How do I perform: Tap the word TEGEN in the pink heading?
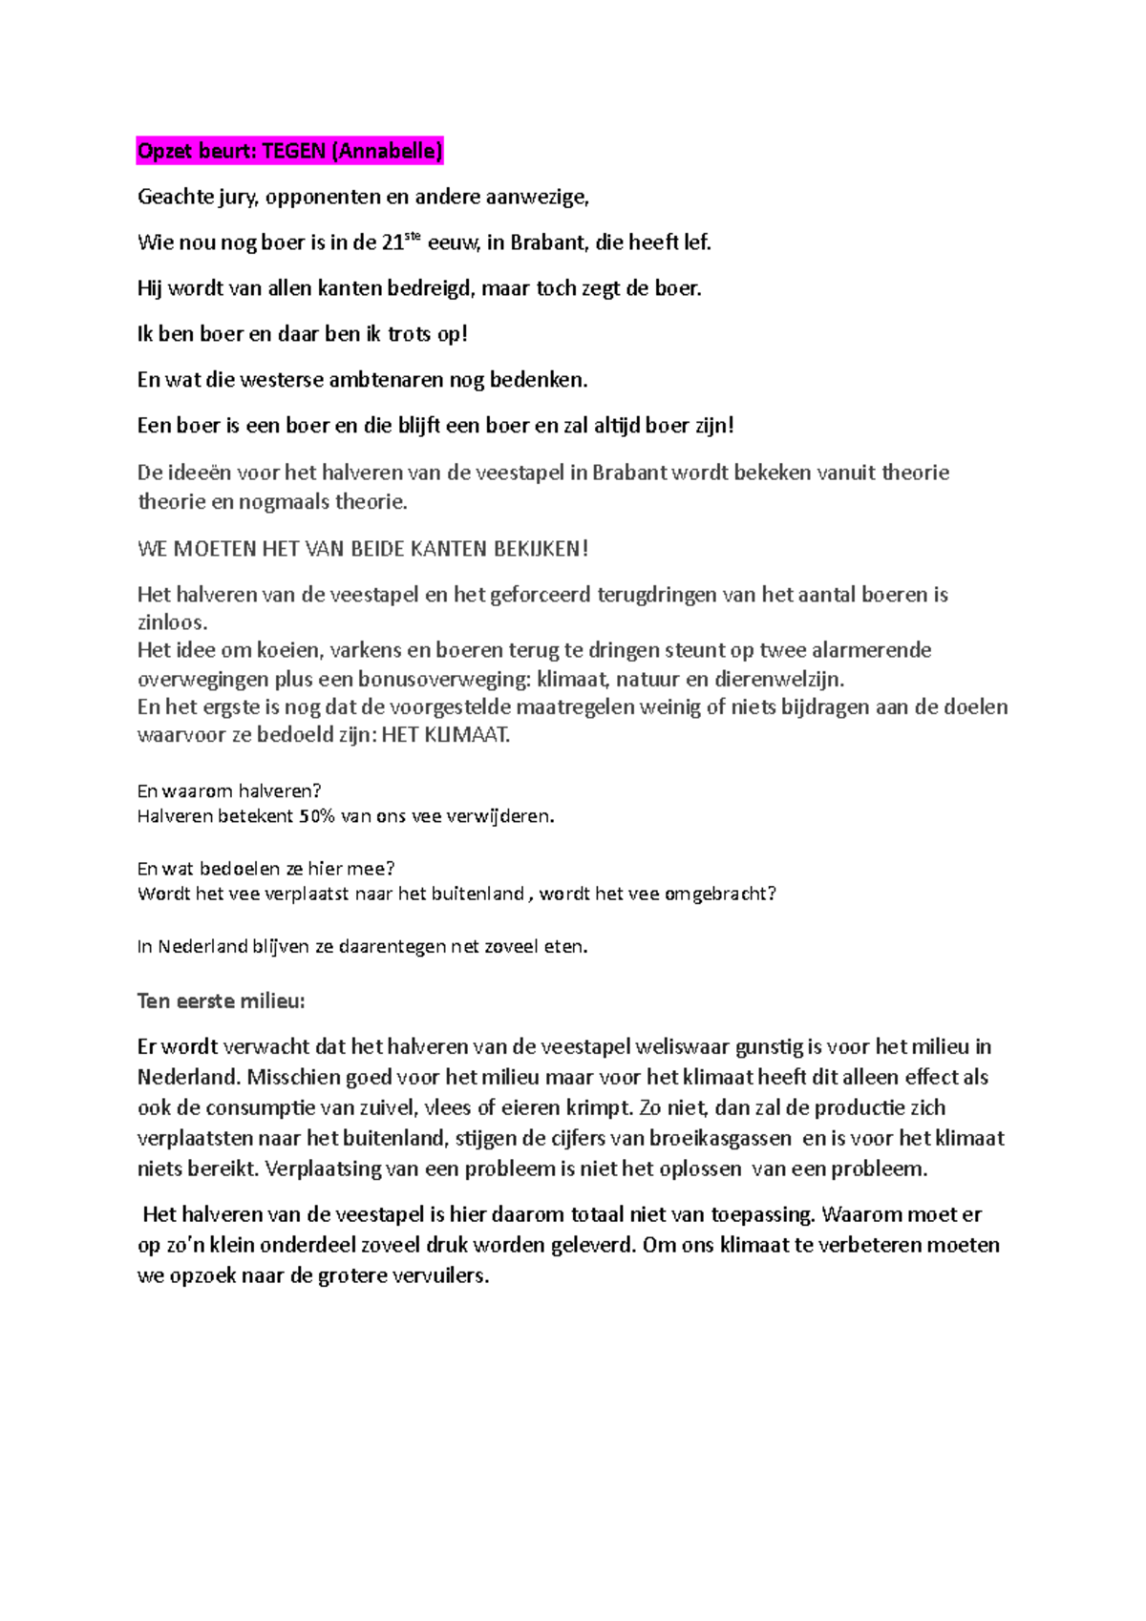pyautogui.click(x=293, y=151)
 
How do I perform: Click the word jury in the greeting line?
pyautogui.click(x=237, y=198)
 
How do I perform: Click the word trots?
pyautogui.click(x=410, y=334)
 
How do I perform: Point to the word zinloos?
pyautogui.click(x=172, y=622)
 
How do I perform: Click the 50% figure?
pyautogui.click(x=317, y=817)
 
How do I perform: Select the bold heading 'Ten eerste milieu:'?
pyautogui.click(x=221, y=1001)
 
